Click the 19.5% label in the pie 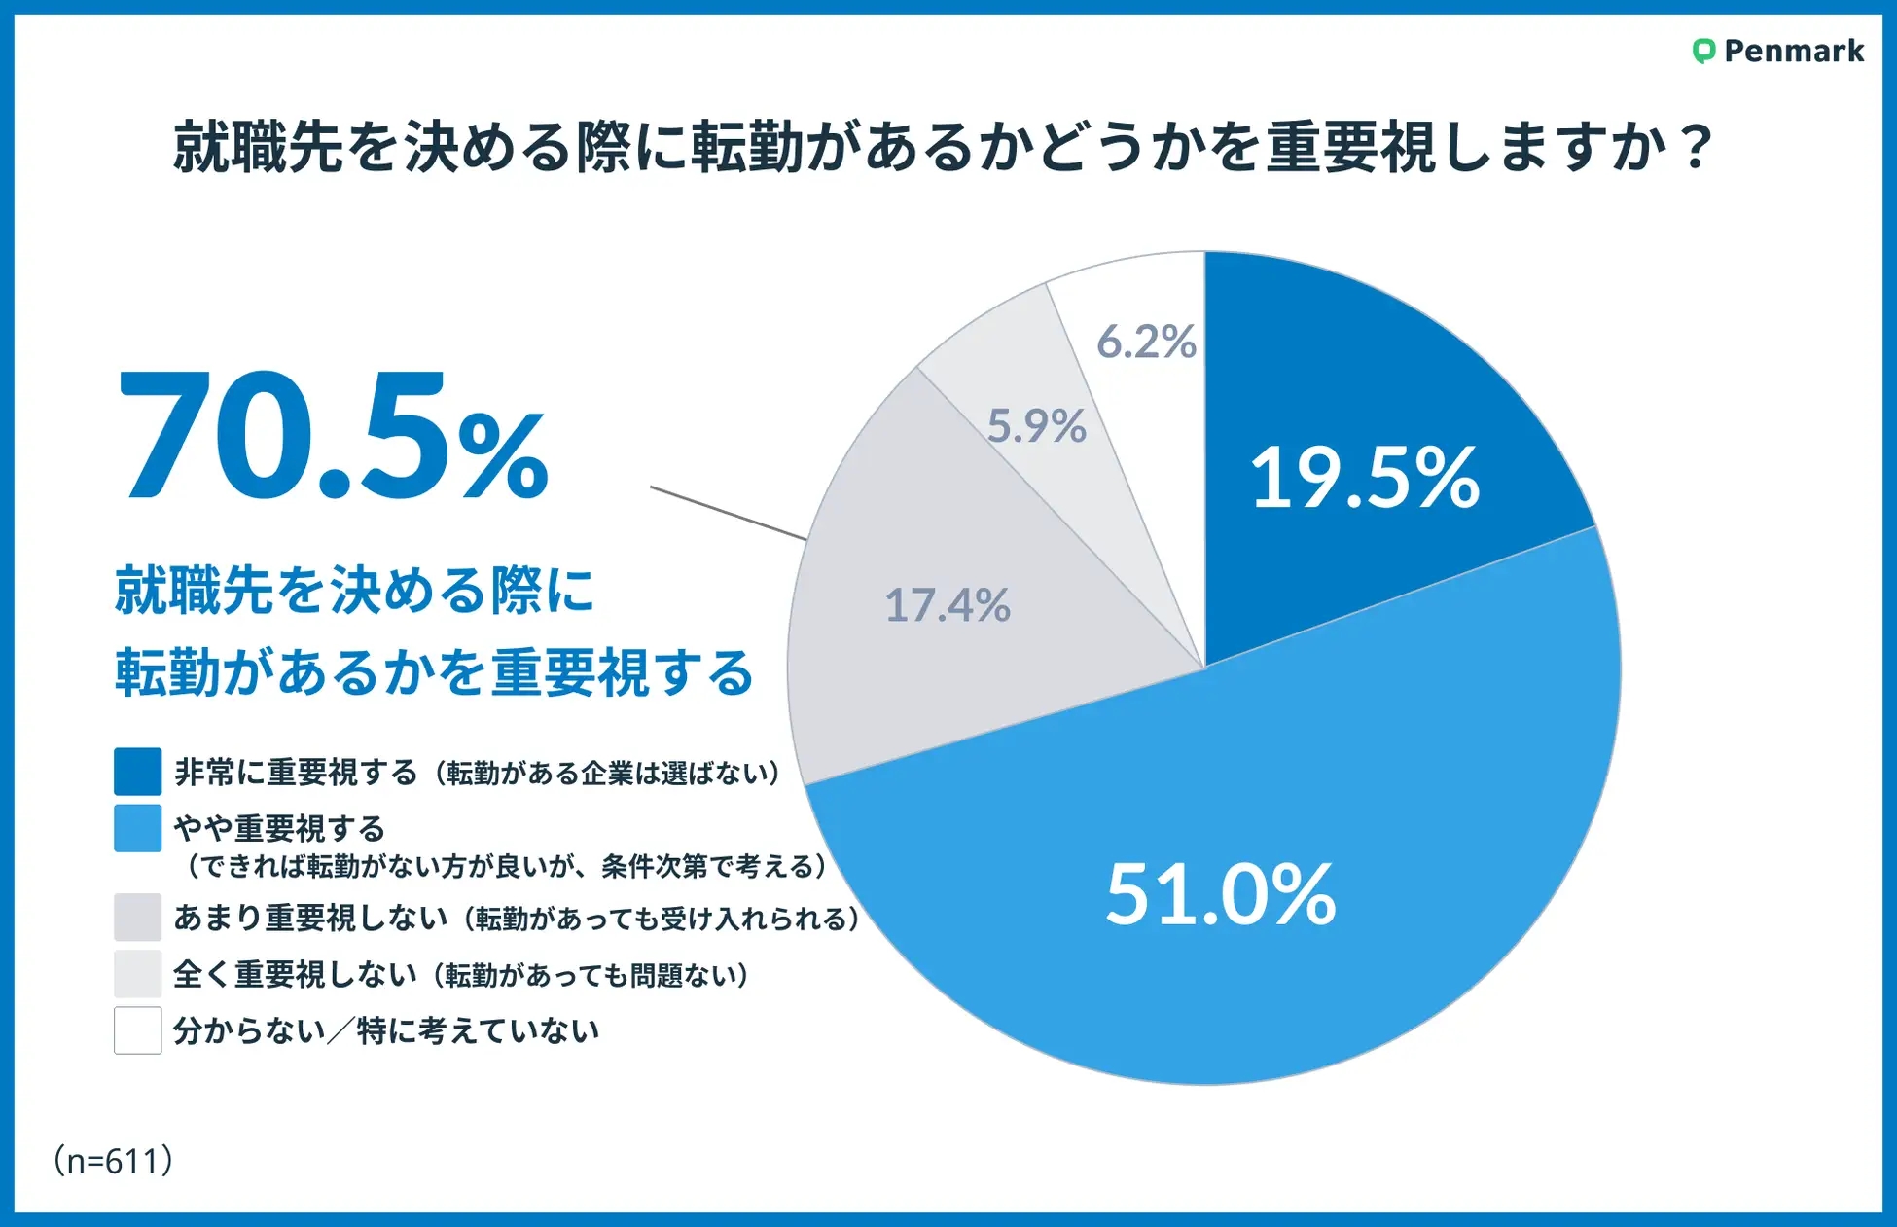[1364, 478]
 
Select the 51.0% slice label [1220, 894]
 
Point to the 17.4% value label [947, 605]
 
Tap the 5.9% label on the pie [1036, 425]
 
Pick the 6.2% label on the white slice [1146, 342]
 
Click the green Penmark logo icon [1702, 51]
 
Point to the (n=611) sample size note [114, 1160]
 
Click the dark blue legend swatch [137, 772]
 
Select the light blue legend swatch [137, 828]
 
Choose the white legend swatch [137, 1030]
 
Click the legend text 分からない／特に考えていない [385, 1030]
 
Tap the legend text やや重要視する [280, 828]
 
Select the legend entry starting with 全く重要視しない [461, 974]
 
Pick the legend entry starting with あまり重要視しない [516, 918]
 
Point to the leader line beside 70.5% [728, 513]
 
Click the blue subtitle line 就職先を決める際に [354, 590]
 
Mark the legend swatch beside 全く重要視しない [137, 974]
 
